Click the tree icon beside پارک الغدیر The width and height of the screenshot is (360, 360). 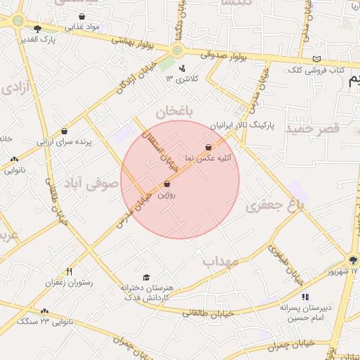37,29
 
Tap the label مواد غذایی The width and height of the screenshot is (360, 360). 83,27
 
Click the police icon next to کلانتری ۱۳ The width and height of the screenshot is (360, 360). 183,68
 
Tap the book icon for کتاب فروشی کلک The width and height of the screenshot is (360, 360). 317,59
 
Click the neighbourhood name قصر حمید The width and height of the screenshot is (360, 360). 311,129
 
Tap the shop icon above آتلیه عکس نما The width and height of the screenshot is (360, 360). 209,147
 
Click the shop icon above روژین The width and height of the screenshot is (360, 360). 167,184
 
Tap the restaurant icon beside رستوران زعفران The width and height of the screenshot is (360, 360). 69,271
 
